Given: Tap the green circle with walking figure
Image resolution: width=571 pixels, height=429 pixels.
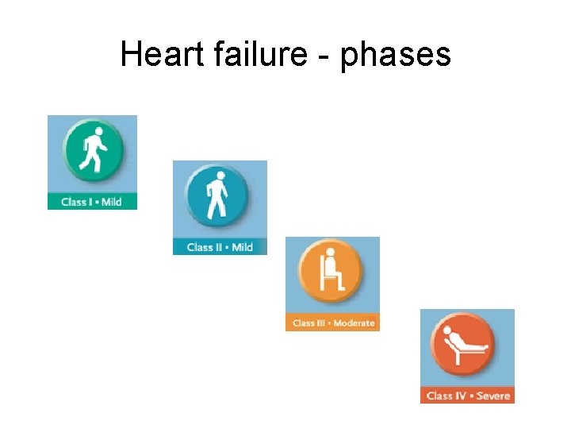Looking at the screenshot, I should (x=92, y=151).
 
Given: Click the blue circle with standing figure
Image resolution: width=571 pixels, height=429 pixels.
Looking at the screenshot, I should (x=217, y=195).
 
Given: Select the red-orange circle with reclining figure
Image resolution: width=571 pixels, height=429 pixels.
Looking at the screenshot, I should (x=464, y=343).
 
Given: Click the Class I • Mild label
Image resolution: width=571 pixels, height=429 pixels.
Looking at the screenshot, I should (x=92, y=202).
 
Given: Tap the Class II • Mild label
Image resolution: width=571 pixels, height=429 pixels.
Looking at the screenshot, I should (x=220, y=247).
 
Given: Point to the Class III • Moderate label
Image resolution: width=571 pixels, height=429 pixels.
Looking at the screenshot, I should (x=332, y=323).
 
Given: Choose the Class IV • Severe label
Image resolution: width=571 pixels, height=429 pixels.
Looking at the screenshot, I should (x=467, y=396).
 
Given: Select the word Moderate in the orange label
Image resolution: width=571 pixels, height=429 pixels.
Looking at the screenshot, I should (x=354, y=323).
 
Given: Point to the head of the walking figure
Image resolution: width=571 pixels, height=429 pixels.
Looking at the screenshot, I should (x=99, y=132).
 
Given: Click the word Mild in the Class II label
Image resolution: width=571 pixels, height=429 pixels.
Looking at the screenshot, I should (x=242, y=247).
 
